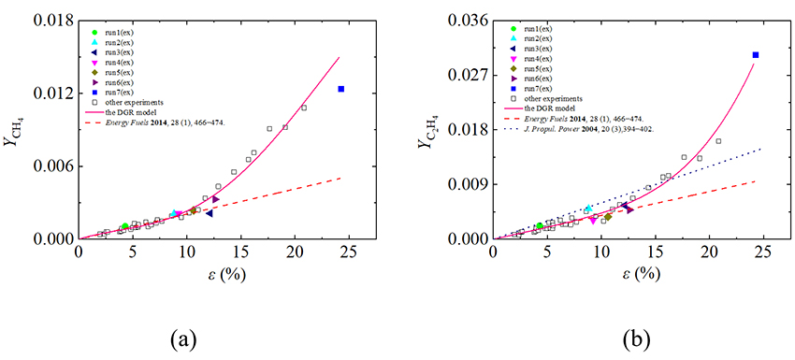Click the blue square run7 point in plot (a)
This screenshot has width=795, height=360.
click(x=341, y=89)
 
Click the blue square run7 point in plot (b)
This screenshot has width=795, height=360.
click(x=755, y=55)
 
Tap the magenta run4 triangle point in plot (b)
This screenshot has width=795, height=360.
click(x=592, y=220)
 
